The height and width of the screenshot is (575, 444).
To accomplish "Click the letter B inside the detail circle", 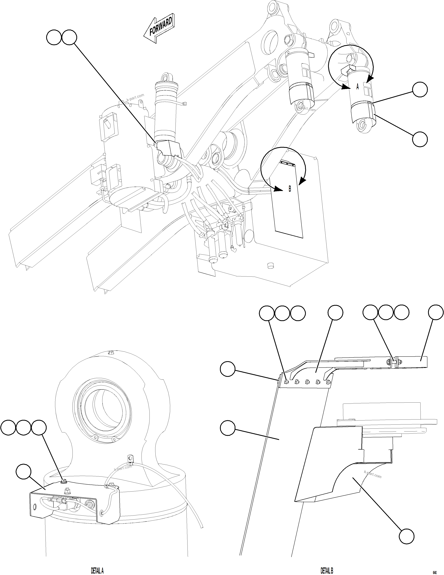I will [290, 189].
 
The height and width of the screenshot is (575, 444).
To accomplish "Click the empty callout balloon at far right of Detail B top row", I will [436, 313].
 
